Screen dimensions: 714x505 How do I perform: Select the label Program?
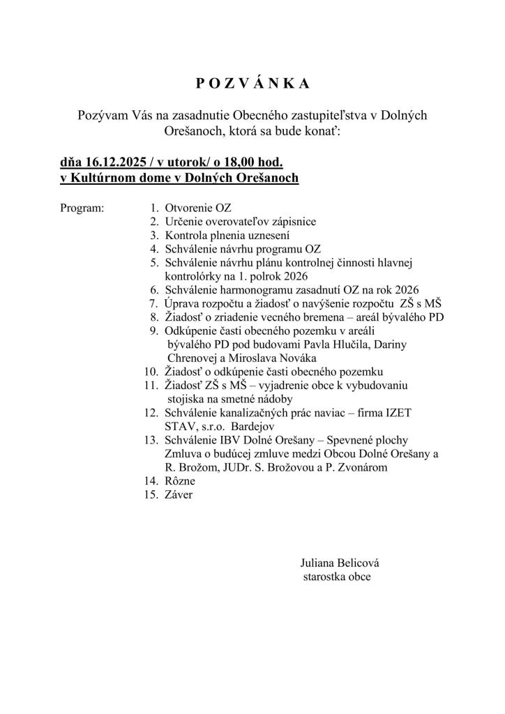tap(82, 208)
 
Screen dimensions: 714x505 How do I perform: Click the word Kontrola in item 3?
tap(187, 235)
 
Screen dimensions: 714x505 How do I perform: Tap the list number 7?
tap(153, 303)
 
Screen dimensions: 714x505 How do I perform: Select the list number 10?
tap(151, 371)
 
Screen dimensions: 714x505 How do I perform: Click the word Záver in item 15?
tap(179, 494)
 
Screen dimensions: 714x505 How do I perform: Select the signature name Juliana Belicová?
tap(340, 563)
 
